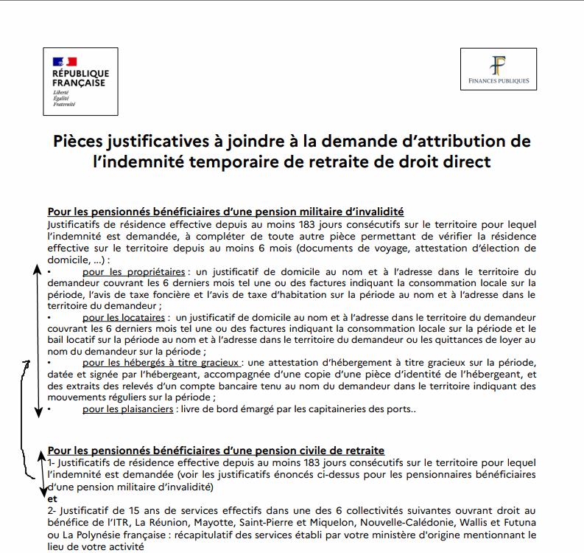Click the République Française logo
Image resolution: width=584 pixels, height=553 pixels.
coord(80,81)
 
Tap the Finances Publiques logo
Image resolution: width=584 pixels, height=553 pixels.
coord(499,69)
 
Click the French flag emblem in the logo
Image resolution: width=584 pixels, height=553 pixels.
coord(64,61)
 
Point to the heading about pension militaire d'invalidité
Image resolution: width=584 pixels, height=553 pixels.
coord(225,212)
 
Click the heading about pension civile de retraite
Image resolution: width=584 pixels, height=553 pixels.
coord(216,451)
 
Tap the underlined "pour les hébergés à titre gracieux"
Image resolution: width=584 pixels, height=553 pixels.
coord(161,363)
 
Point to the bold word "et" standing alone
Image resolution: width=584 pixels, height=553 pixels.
coord(52,498)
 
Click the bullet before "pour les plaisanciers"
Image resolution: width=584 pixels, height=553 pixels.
coord(49,408)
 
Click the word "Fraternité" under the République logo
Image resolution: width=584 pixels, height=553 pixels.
coord(64,105)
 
